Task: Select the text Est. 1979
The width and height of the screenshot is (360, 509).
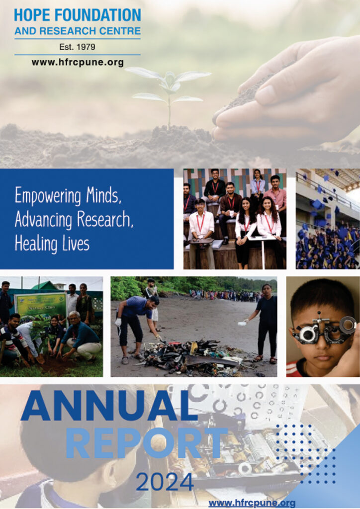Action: point(77,47)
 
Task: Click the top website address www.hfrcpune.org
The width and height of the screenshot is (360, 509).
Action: point(78,62)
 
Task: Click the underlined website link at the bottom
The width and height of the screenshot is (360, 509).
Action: point(252,503)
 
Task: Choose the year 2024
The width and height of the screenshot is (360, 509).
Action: point(165,482)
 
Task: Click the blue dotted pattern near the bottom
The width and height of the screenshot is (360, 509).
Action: point(305,453)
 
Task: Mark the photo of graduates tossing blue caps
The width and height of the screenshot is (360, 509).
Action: point(328,219)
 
